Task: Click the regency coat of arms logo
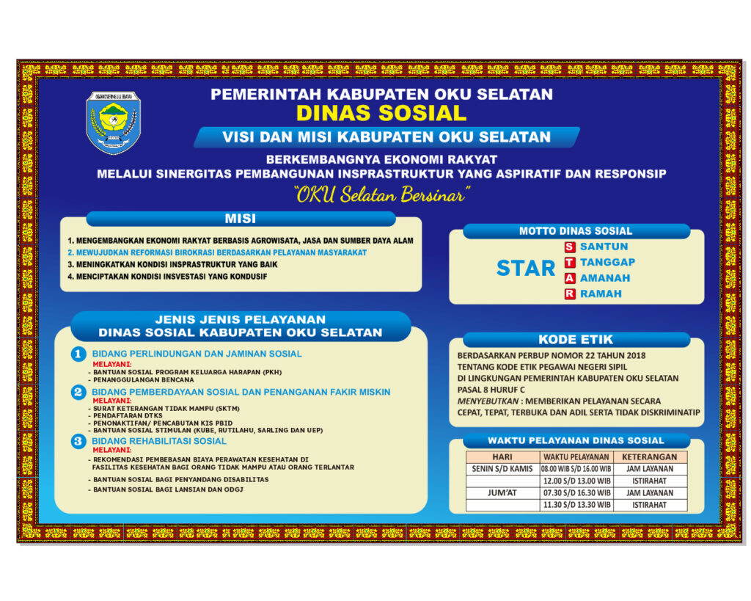(113, 123)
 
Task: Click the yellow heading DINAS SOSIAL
(381, 113)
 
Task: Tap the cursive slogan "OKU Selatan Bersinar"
(381, 195)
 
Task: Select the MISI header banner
(241, 219)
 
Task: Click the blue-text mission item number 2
(217, 252)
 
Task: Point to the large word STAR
(525, 269)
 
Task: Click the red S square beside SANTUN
(569, 247)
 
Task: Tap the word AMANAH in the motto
(605, 278)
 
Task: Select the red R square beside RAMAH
(569, 294)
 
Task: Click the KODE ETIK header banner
(576, 340)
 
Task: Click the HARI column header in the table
(502, 456)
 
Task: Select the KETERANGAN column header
(649, 456)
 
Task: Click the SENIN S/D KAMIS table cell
(502, 469)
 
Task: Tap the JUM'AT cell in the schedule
(502, 493)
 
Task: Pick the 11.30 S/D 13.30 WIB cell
(576, 505)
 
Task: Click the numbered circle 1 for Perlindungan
(78, 354)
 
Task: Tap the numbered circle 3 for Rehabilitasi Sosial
(78, 442)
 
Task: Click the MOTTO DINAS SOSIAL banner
(576, 231)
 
